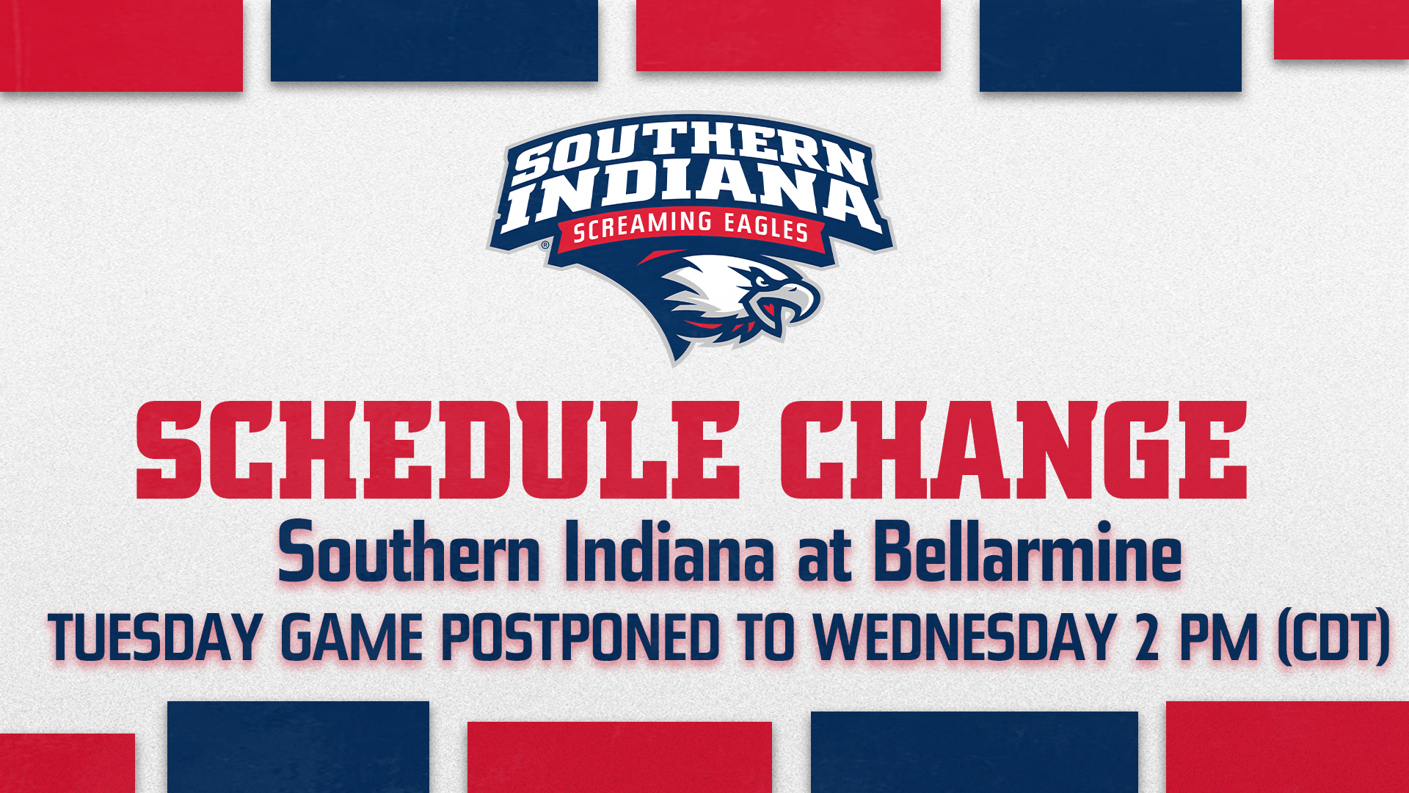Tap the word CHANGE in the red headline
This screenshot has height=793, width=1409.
tap(1013, 451)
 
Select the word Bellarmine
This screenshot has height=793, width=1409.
tap(1027, 552)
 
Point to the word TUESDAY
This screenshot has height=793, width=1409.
tap(155, 637)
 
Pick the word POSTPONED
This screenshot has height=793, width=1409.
tap(580, 637)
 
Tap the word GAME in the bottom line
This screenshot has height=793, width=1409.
tap(352, 637)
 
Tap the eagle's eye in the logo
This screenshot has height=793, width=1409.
tap(763, 280)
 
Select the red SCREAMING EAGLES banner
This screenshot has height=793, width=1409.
tap(690, 228)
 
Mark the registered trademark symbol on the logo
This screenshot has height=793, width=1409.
tap(545, 245)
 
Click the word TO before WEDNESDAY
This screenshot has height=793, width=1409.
tap(768, 637)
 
